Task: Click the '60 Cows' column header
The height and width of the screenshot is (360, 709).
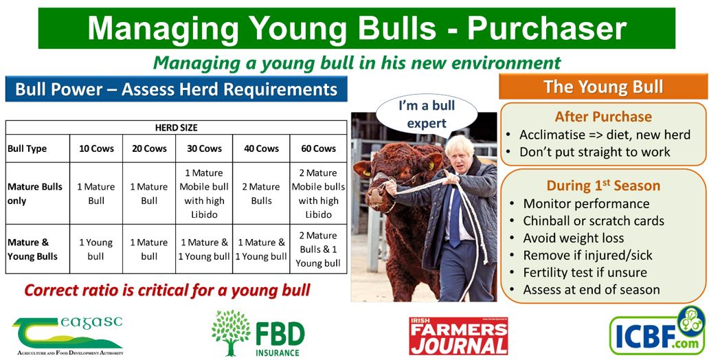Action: [318, 148]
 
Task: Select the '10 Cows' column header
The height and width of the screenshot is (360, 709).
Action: [96, 148]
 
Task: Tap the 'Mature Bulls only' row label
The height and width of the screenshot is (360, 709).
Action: [35, 194]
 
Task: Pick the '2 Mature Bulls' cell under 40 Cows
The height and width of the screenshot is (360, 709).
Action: [261, 194]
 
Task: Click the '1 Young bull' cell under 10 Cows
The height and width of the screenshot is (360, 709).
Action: [96, 249]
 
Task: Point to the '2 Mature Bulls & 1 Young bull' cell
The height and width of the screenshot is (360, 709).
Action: [318, 249]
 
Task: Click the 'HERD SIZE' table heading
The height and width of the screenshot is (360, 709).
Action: [176, 128]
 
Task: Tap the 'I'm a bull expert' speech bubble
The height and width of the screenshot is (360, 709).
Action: [427, 115]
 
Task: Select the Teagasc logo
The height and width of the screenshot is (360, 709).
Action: [68, 335]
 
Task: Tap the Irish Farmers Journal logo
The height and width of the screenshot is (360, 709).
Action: [458, 335]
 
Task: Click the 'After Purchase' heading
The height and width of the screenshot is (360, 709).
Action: [603, 117]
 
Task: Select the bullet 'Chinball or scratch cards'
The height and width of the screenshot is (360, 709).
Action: [594, 221]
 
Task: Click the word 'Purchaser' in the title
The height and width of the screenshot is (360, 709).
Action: [547, 28]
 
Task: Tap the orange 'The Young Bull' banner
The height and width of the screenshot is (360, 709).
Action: [603, 87]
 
